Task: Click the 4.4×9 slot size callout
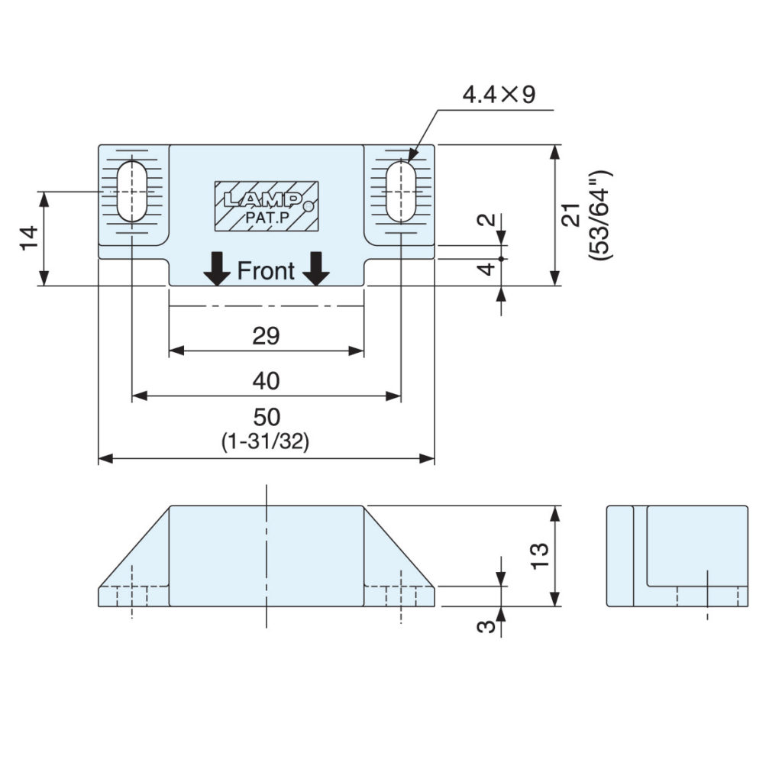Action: click(x=499, y=94)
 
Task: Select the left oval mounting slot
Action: click(x=131, y=191)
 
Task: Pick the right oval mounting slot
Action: click(x=401, y=191)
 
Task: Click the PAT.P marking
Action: click(x=267, y=218)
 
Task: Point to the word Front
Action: click(x=266, y=271)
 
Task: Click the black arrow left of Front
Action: click(x=217, y=269)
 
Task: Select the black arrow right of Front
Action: click(x=316, y=269)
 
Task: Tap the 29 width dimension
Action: click(x=266, y=336)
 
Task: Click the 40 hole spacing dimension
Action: click(x=266, y=381)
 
